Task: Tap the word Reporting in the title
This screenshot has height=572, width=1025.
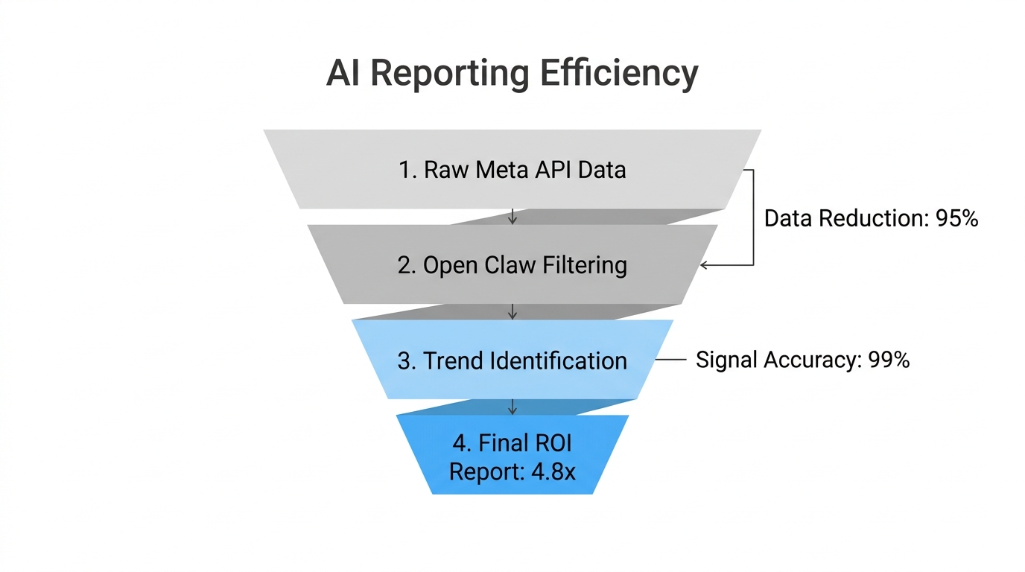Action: point(450,73)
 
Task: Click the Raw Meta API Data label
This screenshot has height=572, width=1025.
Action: point(512,170)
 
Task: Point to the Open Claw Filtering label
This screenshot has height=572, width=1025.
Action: point(512,265)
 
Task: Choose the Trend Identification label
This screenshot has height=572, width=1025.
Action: point(512,361)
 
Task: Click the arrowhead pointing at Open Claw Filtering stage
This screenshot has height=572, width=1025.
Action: point(705,265)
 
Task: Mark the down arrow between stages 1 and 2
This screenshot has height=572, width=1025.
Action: point(512,217)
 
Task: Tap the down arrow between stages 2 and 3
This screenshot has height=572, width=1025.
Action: point(512,312)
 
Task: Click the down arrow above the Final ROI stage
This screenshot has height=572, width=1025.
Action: point(512,407)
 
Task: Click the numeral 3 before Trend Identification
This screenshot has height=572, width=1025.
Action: point(404,361)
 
